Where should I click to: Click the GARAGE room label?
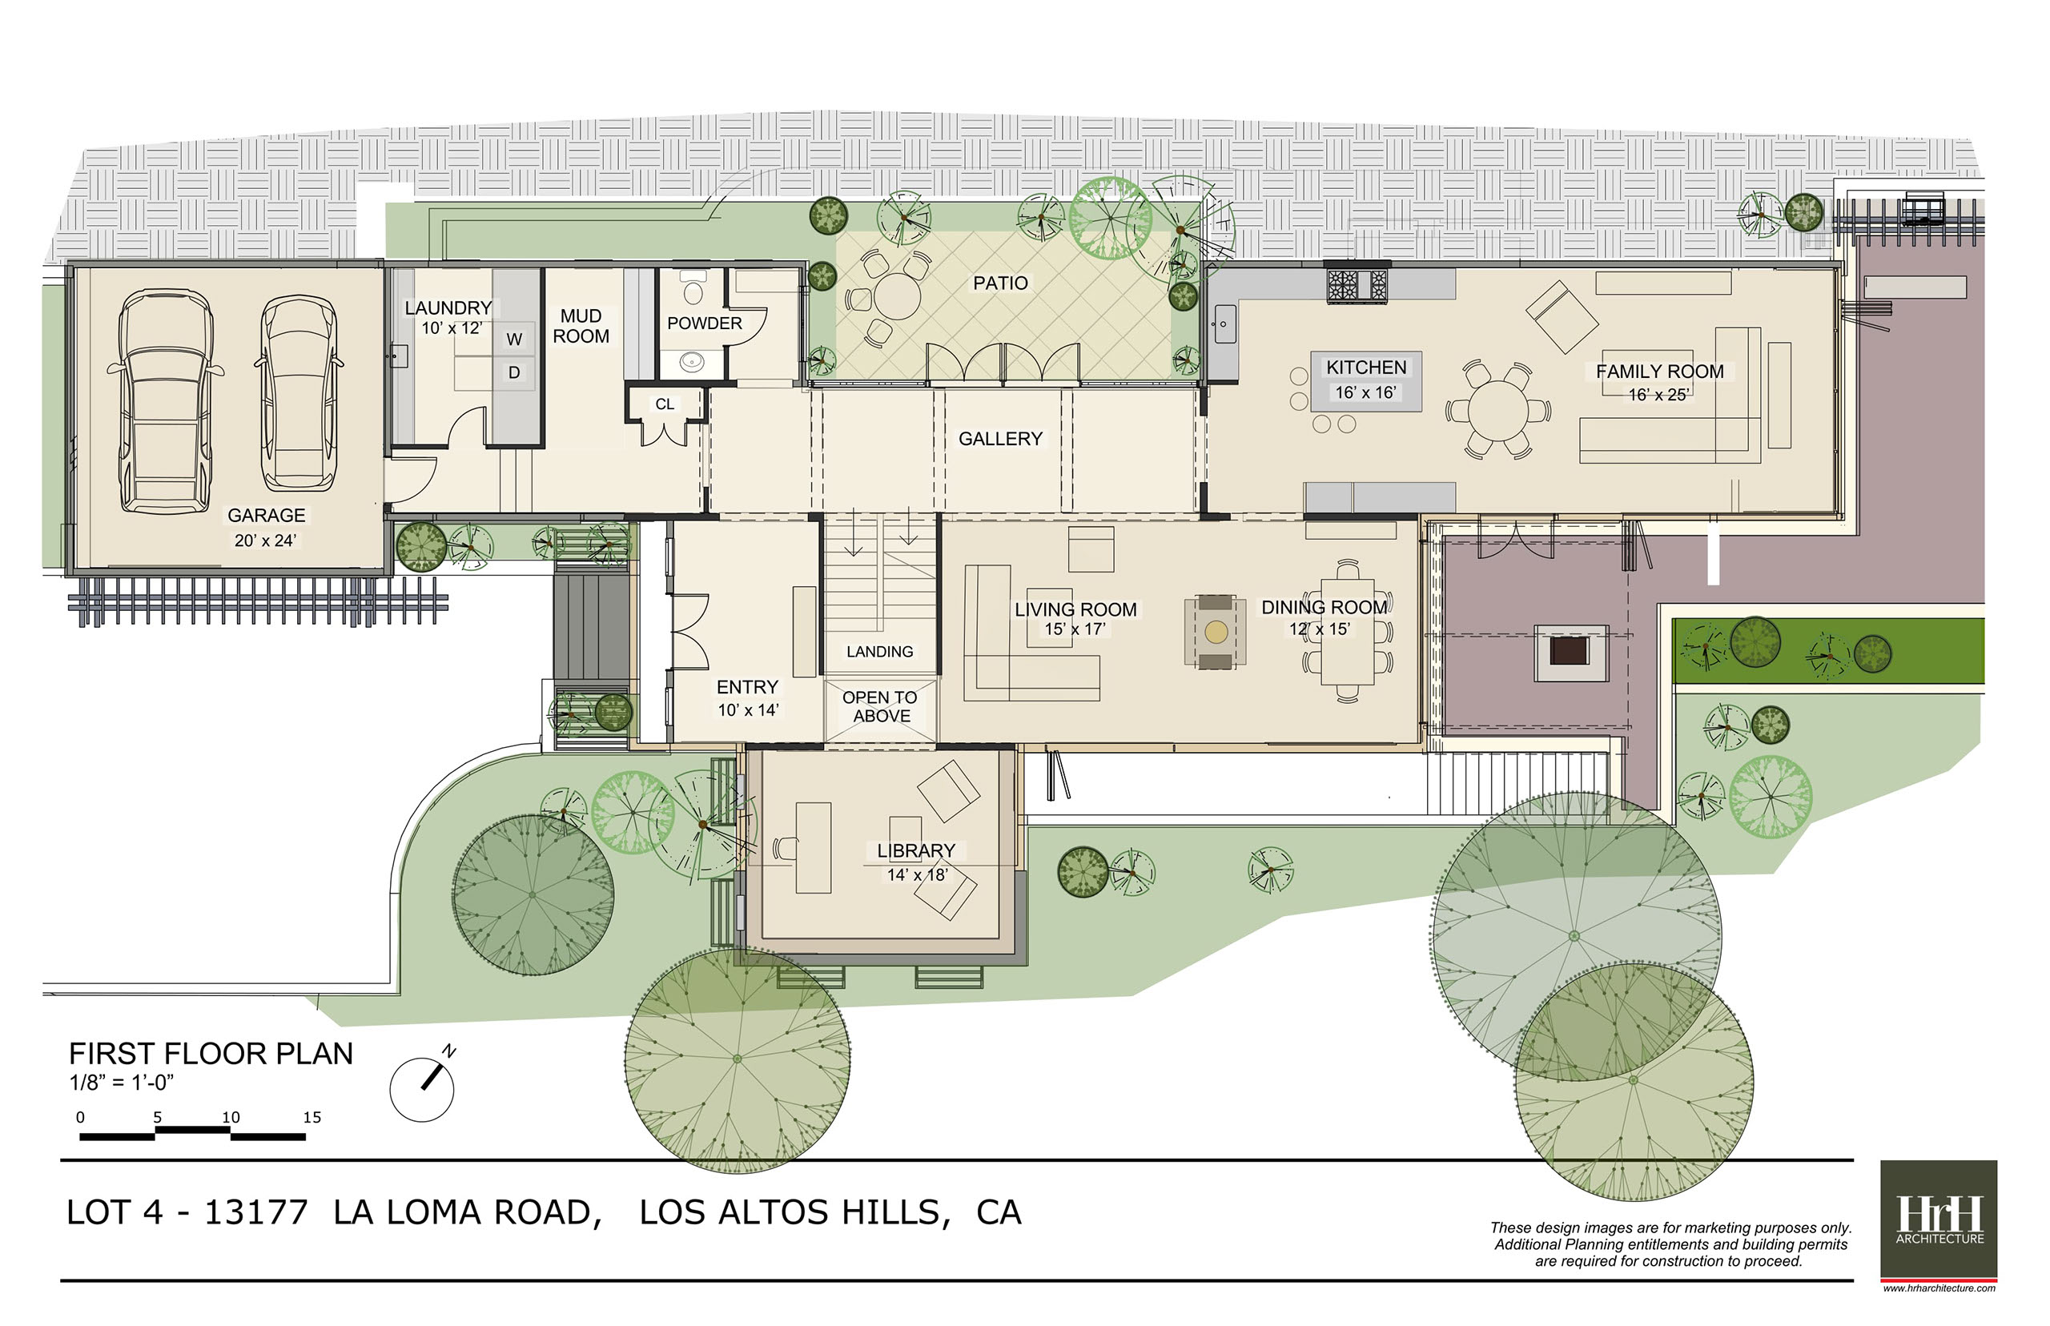[266, 515]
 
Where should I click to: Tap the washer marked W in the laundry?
[514, 340]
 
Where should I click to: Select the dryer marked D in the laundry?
[514, 373]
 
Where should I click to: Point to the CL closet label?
[665, 404]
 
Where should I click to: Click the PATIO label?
[1000, 283]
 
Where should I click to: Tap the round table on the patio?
[896, 296]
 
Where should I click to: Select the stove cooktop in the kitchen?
[1357, 284]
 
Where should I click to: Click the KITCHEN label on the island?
[1366, 368]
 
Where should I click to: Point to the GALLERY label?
[1000, 439]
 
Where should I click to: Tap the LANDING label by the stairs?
[880, 652]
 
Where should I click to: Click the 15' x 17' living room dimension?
[1075, 629]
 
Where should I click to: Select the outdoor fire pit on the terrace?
[1571, 652]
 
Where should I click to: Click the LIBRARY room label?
[916, 850]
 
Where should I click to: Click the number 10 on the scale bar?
[231, 1118]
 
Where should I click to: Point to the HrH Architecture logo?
[1938, 1220]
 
